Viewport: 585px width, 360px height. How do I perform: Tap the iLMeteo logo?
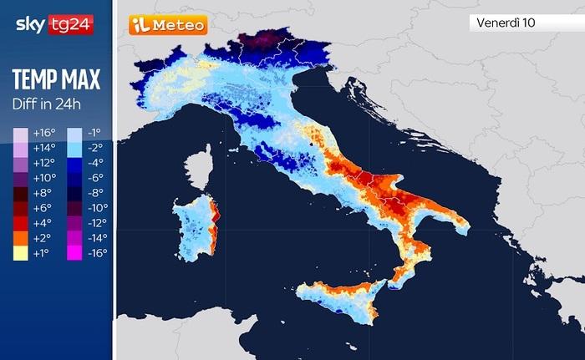click(167, 25)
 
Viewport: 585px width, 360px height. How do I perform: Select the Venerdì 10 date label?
click(506, 23)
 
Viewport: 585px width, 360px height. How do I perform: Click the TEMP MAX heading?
click(56, 80)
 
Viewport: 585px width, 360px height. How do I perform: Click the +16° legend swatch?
click(20, 133)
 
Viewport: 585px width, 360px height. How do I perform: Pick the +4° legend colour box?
click(20, 222)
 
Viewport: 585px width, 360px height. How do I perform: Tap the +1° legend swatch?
click(20, 252)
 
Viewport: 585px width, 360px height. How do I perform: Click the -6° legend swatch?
click(74, 178)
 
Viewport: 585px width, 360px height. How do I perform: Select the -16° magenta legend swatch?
click(74, 252)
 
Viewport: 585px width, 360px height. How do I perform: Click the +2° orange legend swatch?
click(20, 237)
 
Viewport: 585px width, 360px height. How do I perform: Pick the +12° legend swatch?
click(20, 163)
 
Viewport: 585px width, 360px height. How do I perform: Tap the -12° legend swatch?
click(74, 222)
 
